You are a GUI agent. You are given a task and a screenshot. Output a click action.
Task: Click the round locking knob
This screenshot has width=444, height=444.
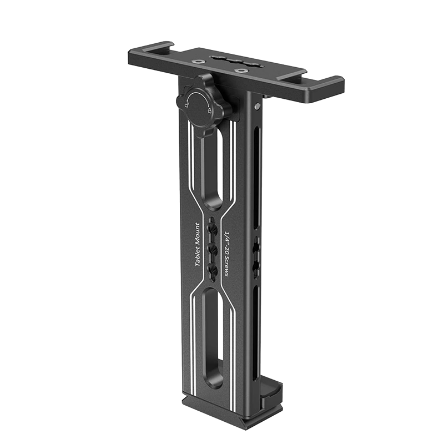[203, 105]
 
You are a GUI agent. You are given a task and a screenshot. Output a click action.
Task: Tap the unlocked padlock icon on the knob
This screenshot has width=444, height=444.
[187, 105]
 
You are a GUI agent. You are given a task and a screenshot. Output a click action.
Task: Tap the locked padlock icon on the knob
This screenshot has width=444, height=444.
[209, 110]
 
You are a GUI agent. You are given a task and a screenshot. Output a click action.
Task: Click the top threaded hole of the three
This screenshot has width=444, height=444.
[213, 226]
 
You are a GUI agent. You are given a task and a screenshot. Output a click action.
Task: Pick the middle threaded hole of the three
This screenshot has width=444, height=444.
[213, 248]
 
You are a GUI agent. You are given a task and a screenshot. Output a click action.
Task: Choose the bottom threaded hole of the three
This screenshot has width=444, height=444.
[213, 270]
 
